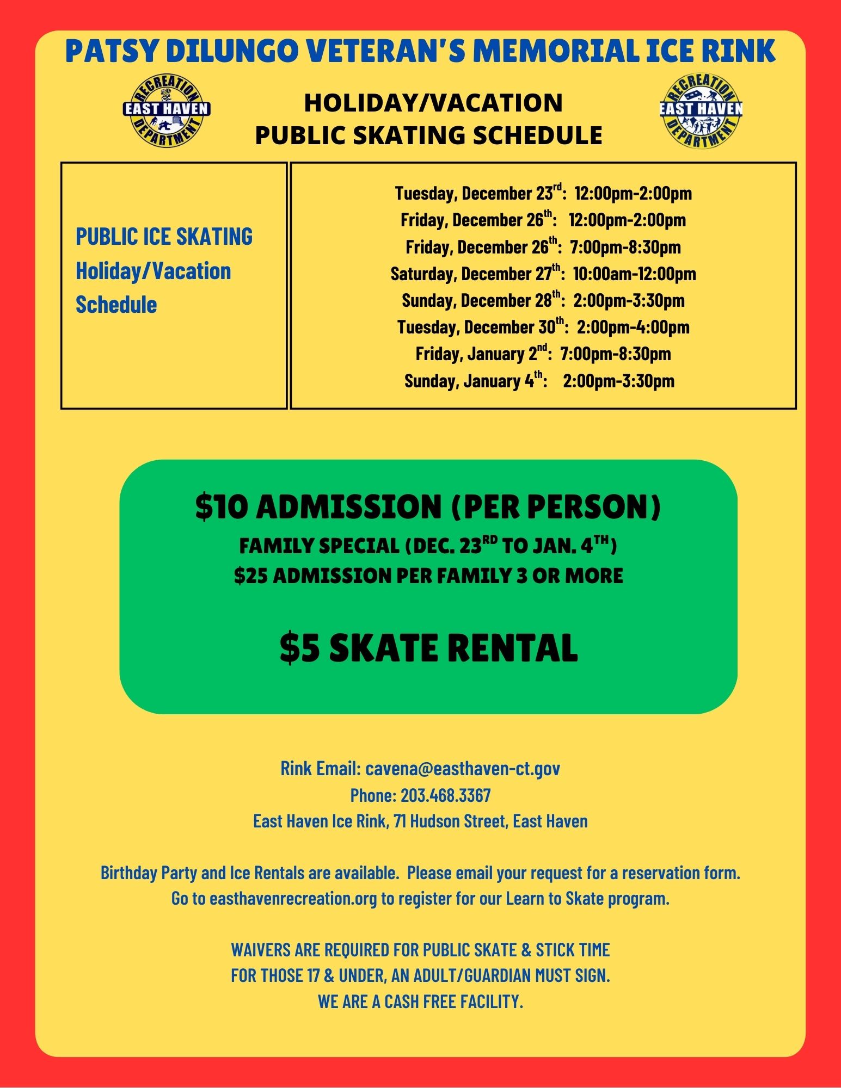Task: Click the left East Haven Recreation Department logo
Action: [x=167, y=112]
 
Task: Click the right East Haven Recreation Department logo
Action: [x=701, y=112]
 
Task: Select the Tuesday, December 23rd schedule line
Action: [x=543, y=193]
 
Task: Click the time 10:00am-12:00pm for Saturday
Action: [x=634, y=274]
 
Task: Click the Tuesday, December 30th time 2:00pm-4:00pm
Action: [x=633, y=327]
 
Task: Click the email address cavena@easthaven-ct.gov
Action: [x=462, y=768]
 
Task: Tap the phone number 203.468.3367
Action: [x=445, y=795]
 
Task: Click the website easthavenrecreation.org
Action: [x=293, y=898]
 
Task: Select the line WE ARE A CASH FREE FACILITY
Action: [x=420, y=1001]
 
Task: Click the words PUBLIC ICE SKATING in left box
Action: [x=164, y=237]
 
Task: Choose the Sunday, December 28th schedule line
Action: [x=543, y=300]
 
